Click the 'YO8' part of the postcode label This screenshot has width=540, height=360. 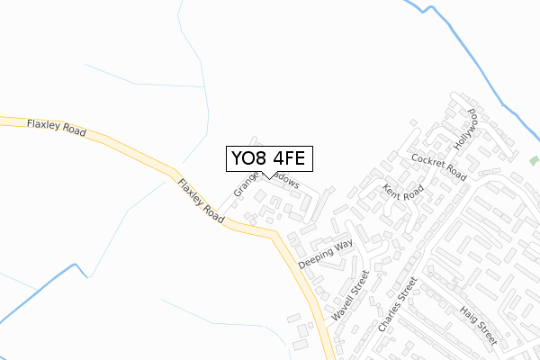(248, 158)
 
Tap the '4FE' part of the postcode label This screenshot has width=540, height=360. (287, 158)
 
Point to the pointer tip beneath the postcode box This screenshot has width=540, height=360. (268, 175)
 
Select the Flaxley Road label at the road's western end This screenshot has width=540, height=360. (56, 127)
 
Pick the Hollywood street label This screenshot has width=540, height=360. (464, 131)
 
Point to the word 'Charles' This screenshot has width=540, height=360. (389, 318)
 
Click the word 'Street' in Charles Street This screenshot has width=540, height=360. (409, 290)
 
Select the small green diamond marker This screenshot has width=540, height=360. (533, 160)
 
